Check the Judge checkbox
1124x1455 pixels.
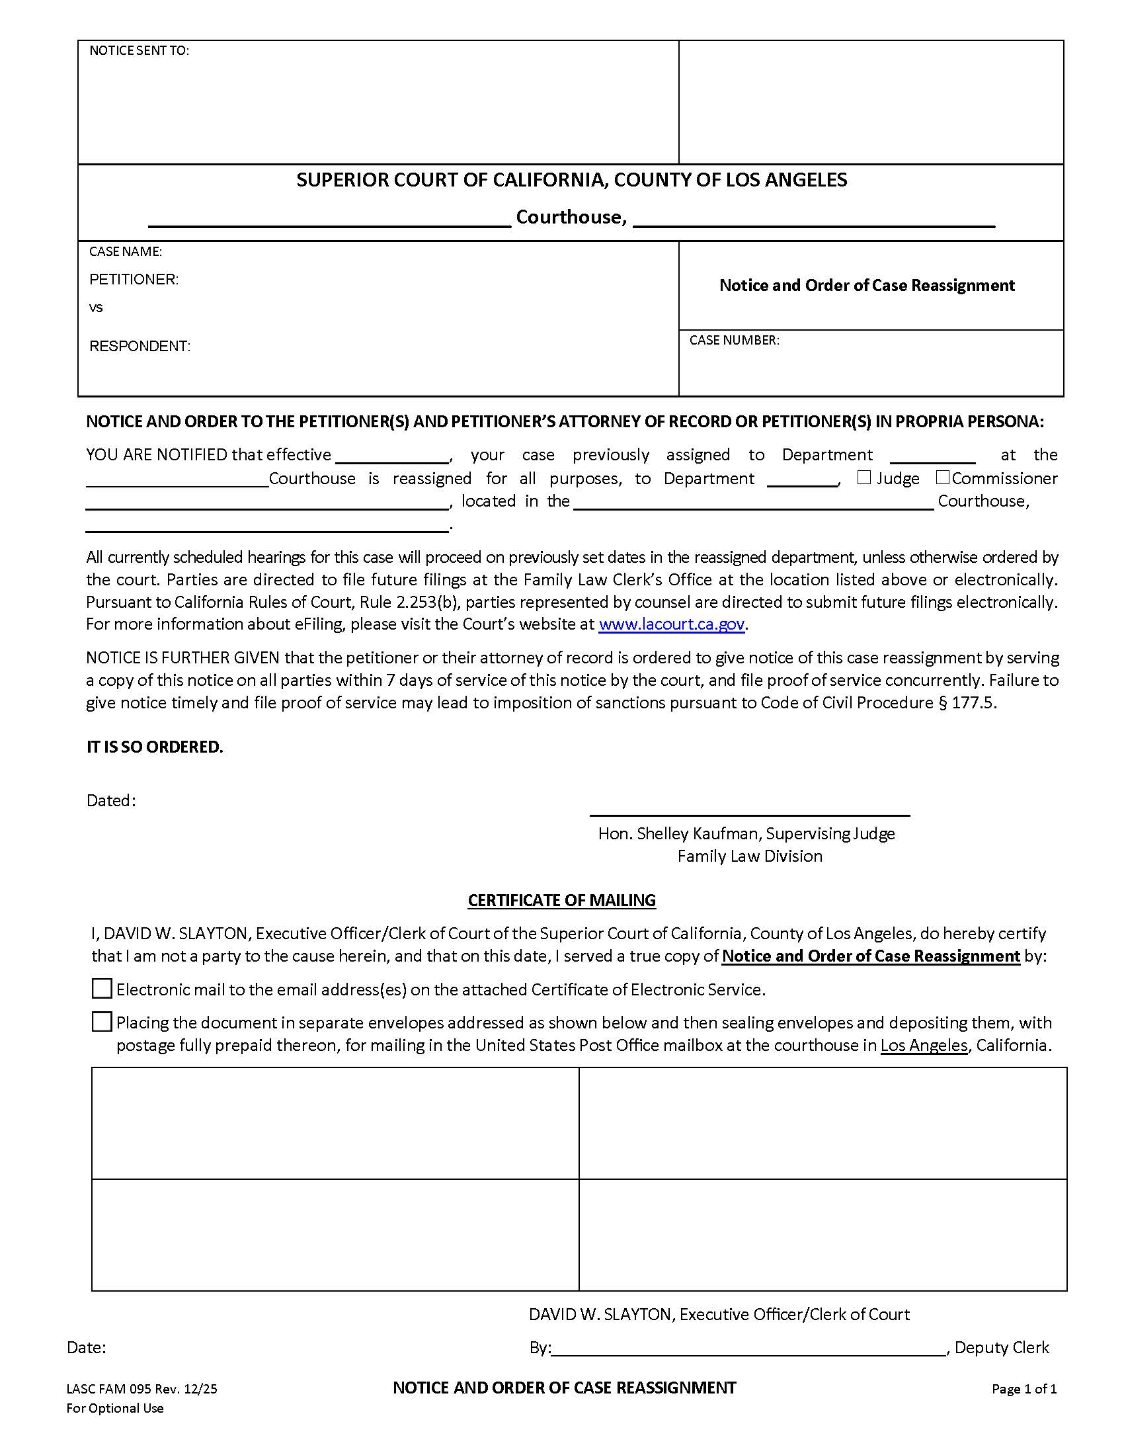tap(863, 478)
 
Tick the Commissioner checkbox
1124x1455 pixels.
tap(942, 478)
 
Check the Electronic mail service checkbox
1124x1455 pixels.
tap(101, 989)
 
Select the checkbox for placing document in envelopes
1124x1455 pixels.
tap(101, 1022)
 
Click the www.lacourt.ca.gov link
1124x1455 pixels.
tap(671, 624)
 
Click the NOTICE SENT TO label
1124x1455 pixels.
tap(139, 51)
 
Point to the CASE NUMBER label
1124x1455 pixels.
tap(734, 340)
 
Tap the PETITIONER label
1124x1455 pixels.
tap(134, 279)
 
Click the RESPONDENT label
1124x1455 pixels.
tap(140, 346)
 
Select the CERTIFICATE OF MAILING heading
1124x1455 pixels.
tap(561, 900)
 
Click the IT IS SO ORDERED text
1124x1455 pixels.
tap(155, 747)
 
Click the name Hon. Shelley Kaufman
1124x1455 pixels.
tap(679, 833)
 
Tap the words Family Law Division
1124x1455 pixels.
tap(750, 856)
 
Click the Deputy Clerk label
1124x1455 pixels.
tap(1002, 1347)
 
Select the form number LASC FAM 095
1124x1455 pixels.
tap(109, 1389)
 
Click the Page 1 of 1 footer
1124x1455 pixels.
tap(1024, 1389)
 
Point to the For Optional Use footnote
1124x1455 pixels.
tap(114, 1407)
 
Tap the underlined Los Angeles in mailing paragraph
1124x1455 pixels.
tap(924, 1045)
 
